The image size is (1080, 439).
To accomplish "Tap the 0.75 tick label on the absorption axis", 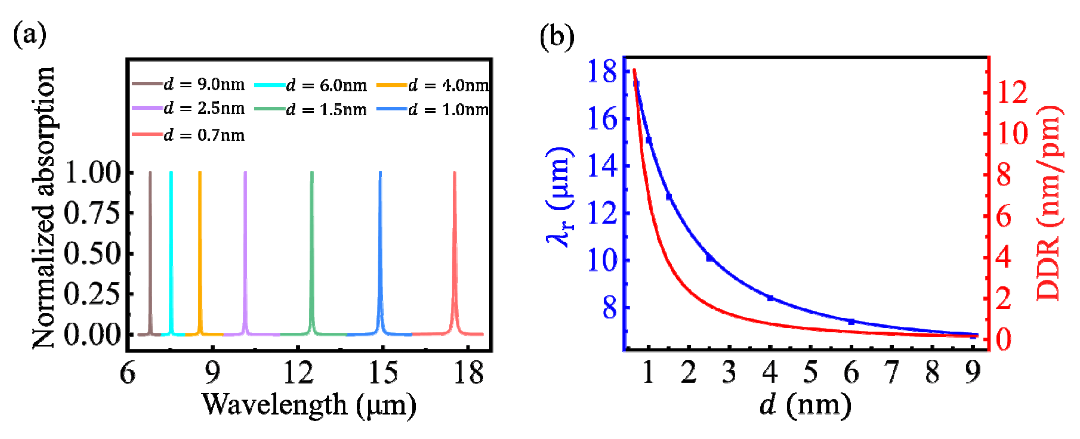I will point(92,213).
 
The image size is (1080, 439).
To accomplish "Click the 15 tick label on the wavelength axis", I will point(383,372).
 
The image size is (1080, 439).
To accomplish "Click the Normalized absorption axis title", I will point(43,207).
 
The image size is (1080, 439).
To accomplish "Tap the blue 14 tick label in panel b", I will point(602,166).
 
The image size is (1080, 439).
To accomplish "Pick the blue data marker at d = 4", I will point(770,298).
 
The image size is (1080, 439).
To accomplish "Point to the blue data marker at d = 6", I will point(851,322).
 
